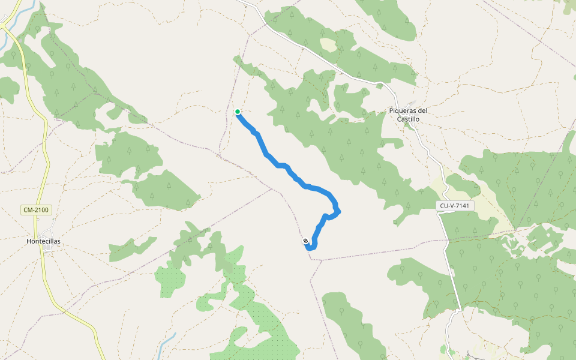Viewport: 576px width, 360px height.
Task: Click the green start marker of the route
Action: click(238, 112)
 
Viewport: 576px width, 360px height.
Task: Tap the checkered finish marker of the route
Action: click(306, 241)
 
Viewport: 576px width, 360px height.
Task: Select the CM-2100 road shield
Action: click(36, 210)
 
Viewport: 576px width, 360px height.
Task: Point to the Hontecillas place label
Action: click(43, 241)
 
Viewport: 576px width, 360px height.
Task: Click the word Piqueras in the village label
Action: click(403, 110)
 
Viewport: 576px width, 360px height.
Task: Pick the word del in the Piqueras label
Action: click(423, 110)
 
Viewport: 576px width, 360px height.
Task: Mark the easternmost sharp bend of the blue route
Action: click(339, 210)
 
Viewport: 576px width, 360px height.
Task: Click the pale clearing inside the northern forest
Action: click(328, 44)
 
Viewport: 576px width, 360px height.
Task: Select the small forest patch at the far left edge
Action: click(8, 89)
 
